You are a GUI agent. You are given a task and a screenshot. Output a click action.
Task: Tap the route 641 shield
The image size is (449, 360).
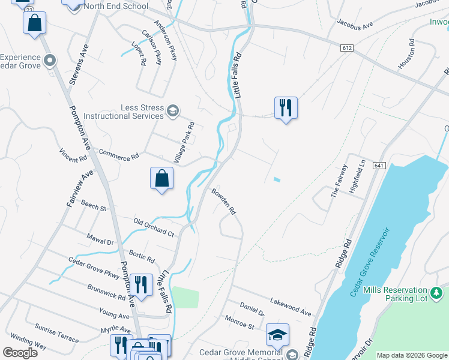(x=379, y=165)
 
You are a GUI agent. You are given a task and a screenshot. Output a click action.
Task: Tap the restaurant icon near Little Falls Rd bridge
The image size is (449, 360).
(x=286, y=108)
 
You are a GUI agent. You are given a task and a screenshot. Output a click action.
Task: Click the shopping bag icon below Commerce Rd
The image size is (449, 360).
(x=161, y=178)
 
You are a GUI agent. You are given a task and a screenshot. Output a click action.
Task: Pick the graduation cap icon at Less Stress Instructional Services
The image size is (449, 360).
(x=173, y=110)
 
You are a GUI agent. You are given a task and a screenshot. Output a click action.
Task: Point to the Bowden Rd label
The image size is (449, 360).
(x=224, y=202)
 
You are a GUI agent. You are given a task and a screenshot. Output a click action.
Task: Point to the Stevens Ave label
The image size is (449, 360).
(x=79, y=64)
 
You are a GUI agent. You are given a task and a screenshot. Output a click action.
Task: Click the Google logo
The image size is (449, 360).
(x=20, y=353)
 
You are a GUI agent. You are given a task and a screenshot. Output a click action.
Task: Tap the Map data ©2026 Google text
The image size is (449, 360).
(x=411, y=355)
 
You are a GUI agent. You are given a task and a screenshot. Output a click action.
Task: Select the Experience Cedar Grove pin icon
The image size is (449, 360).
(x=50, y=61)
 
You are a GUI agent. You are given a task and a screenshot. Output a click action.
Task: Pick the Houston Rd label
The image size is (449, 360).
(x=406, y=54)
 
